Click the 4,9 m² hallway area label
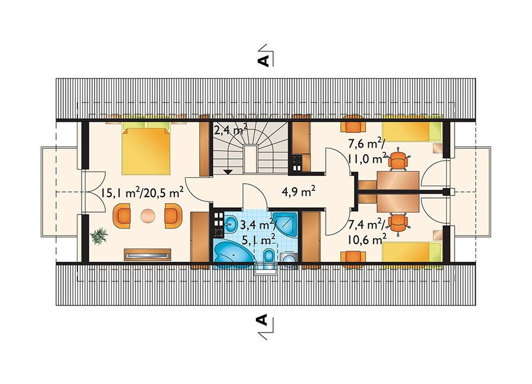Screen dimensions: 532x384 tap(299, 191)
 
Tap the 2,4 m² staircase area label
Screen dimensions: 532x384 tap(230, 129)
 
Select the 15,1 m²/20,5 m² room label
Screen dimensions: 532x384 tap(142, 193)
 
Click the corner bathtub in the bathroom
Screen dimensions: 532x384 tap(233, 255)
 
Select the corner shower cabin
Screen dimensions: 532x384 tap(286, 224)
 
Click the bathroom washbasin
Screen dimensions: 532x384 tap(232, 224)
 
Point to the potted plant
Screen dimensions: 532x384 tap(99, 236)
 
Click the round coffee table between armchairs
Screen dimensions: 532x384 tap(148, 216)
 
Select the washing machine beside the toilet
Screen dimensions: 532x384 tap(289, 260)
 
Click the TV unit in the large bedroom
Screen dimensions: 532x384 tap(147, 255)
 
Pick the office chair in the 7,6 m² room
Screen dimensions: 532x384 tap(398, 159)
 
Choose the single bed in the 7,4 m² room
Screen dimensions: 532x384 tap(412, 255)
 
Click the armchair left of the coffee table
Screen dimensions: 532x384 tap(122, 216)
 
